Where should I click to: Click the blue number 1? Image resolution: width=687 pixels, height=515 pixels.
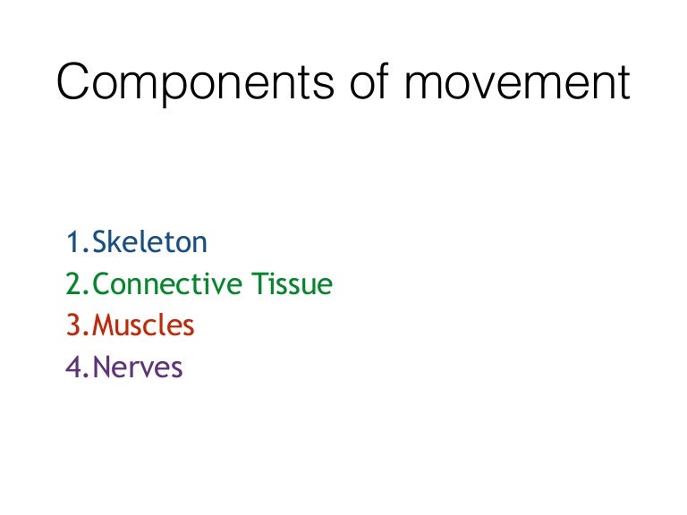72,241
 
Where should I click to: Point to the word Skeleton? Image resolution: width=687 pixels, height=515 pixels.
150,241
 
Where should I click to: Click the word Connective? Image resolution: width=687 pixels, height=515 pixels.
167,284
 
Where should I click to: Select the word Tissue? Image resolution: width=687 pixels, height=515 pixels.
292,284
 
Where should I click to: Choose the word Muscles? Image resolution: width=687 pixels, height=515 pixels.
143,325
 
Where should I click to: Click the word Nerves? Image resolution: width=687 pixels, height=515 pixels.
138,367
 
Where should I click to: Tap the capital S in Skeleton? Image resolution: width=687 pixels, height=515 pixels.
100,241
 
